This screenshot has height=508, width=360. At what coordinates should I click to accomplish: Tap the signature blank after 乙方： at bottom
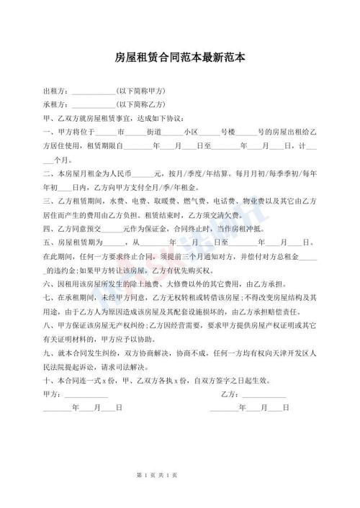tap(264, 394)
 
